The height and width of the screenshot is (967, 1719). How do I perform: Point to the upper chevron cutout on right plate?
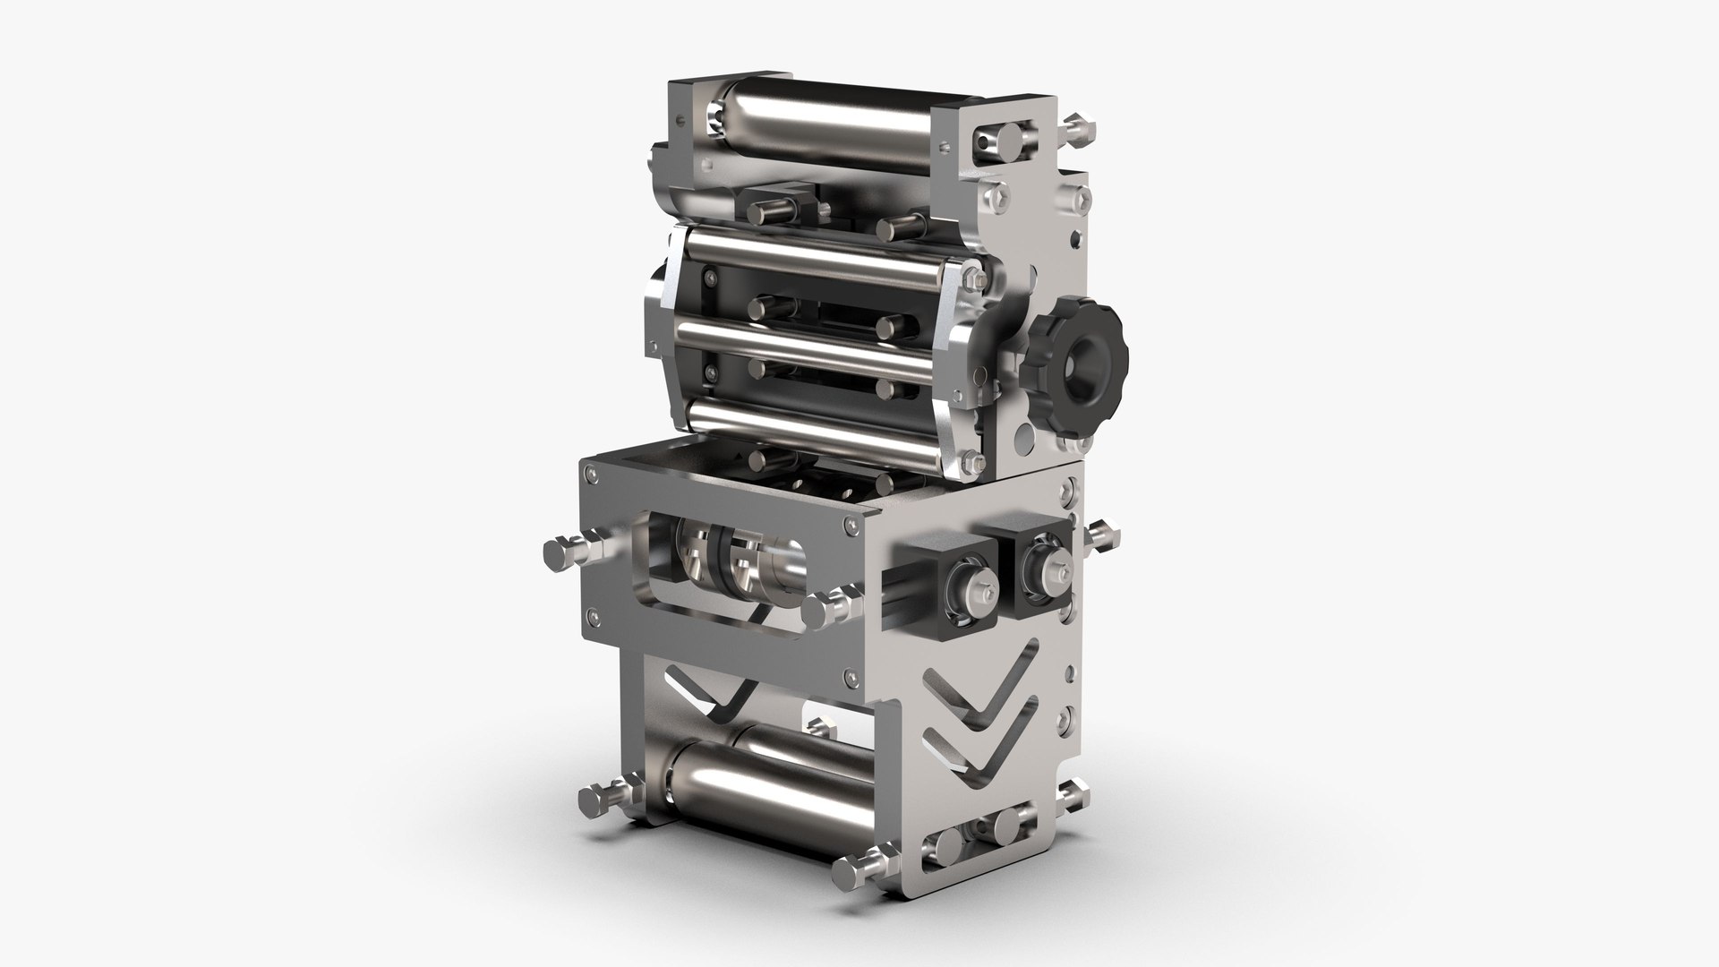976,694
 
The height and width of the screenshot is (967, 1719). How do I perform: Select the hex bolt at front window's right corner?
822,611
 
